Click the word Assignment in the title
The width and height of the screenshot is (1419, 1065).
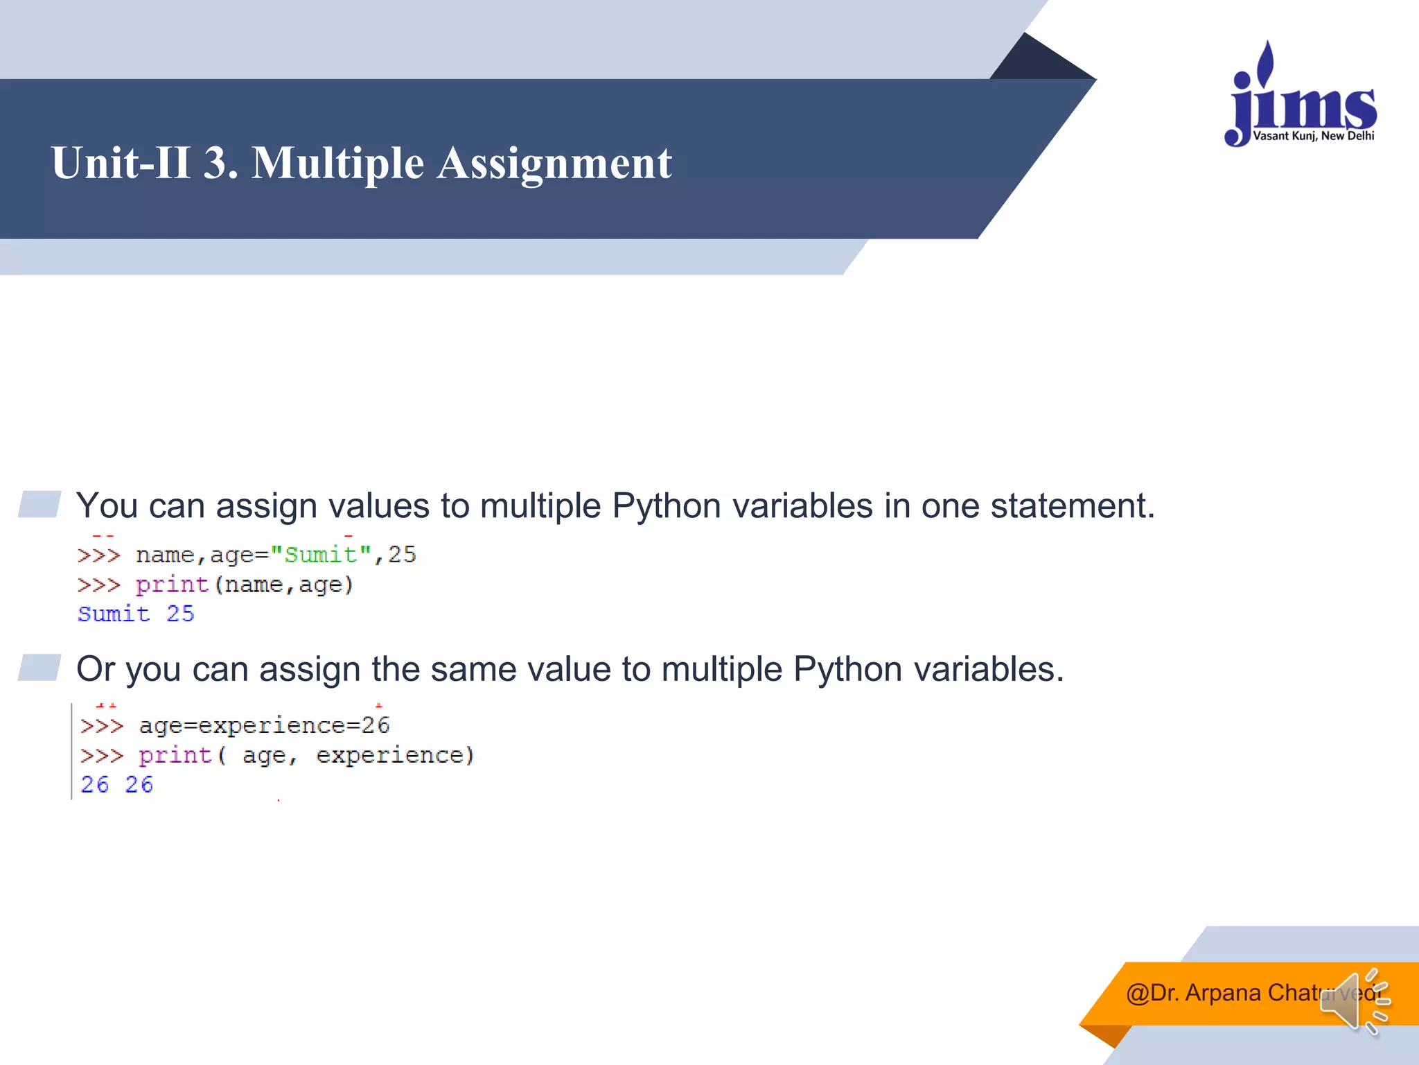point(554,164)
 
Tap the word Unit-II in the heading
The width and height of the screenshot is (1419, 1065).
point(121,164)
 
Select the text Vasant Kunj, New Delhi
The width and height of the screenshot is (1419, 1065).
point(1313,136)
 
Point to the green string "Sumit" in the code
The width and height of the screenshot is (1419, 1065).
point(321,555)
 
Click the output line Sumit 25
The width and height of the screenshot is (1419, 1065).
point(136,614)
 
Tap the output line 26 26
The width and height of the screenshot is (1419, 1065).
point(116,784)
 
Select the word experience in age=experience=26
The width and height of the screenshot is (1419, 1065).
point(272,725)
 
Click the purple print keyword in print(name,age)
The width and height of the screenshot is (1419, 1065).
point(172,585)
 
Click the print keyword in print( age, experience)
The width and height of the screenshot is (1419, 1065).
point(175,755)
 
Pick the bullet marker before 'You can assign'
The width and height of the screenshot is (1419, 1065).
point(39,504)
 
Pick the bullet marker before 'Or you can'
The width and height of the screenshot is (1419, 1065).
point(39,667)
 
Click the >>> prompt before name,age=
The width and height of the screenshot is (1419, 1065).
point(98,555)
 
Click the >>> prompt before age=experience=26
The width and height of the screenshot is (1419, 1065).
point(101,726)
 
